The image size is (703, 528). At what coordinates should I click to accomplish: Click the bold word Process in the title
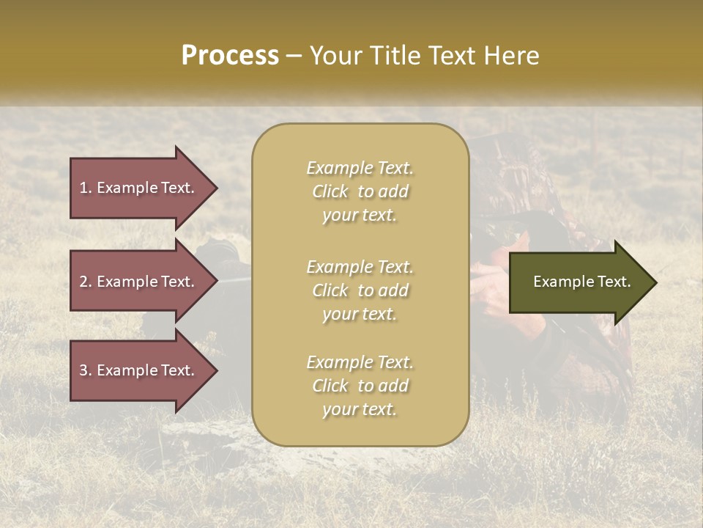tap(230, 56)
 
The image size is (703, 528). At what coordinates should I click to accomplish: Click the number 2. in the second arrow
tap(86, 282)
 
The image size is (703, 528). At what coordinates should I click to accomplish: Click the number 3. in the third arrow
tap(86, 370)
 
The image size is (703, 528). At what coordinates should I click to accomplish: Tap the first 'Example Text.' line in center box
tap(360, 168)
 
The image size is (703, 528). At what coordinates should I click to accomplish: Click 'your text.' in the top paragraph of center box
tap(360, 216)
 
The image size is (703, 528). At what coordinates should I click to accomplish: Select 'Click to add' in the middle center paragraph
tap(360, 291)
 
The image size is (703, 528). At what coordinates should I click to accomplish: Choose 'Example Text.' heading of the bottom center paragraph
tap(360, 362)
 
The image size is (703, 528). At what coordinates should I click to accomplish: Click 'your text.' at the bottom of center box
tap(360, 410)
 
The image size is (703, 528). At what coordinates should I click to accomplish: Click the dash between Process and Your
tap(294, 56)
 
